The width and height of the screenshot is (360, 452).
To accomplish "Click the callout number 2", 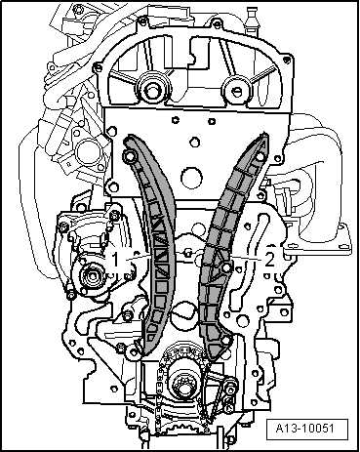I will click(x=268, y=259).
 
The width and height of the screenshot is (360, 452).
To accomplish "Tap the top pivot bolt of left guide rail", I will click(x=130, y=156).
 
